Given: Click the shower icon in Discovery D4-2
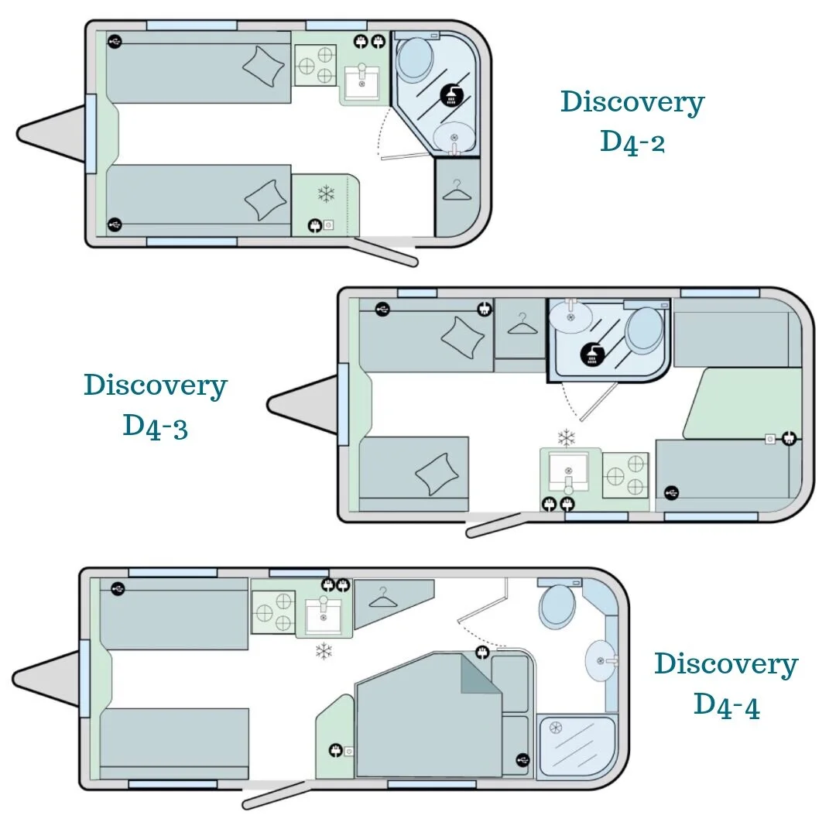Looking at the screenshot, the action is tap(451, 95).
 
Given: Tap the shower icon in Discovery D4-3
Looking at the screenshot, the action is tap(592, 355).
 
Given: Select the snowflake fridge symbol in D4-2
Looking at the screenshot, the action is tap(327, 194).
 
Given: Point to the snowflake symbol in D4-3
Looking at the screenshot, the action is tap(566, 438).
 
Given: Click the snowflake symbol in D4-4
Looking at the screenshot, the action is tap(324, 651).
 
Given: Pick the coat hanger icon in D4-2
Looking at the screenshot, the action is tap(457, 190).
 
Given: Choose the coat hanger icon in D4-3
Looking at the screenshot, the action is tap(522, 324).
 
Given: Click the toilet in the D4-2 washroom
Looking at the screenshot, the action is tap(416, 58).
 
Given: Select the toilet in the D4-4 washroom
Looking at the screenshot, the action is tap(557, 606).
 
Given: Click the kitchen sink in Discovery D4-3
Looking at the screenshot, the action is tap(568, 471).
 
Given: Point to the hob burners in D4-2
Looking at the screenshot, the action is tap(316, 65).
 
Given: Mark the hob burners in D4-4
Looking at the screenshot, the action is tap(273, 612).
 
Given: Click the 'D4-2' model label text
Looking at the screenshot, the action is tap(632, 142).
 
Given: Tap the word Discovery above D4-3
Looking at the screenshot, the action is tap(155, 385).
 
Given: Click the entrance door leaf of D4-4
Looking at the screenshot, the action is tap(275, 795).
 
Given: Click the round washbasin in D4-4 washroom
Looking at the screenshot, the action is tap(601, 660).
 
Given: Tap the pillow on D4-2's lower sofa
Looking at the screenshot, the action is tap(265, 200).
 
